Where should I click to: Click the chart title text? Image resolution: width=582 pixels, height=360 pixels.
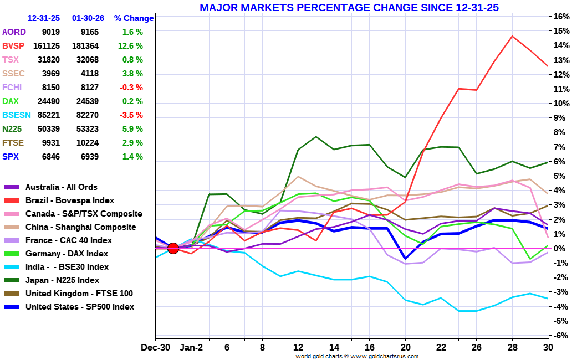click(x=349, y=7)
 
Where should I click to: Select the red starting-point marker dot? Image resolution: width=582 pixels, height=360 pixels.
click(x=173, y=248)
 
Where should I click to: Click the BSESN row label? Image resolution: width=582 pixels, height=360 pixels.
click(x=16, y=115)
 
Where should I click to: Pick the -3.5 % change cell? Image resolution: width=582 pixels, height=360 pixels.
click(x=131, y=115)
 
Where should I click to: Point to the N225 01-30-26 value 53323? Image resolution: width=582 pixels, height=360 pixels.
click(x=88, y=129)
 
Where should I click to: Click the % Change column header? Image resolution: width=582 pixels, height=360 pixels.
click(x=134, y=18)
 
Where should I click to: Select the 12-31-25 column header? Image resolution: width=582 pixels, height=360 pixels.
click(x=44, y=18)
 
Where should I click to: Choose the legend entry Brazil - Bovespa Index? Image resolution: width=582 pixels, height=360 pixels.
click(x=70, y=200)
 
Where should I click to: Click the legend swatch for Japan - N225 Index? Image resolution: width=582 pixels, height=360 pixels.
click(x=12, y=280)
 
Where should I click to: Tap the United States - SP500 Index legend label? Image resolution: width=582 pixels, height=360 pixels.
click(x=80, y=307)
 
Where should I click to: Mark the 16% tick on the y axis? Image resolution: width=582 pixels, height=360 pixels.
click(x=561, y=16)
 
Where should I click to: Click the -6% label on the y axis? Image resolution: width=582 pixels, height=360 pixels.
click(x=560, y=336)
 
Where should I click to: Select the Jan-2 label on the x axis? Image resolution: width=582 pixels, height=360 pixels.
click(x=191, y=347)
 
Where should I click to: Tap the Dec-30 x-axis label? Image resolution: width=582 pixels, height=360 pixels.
click(x=156, y=347)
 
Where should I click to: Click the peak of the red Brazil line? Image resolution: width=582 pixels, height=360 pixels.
click(x=512, y=37)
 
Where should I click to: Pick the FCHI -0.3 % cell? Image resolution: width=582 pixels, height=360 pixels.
click(x=131, y=88)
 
